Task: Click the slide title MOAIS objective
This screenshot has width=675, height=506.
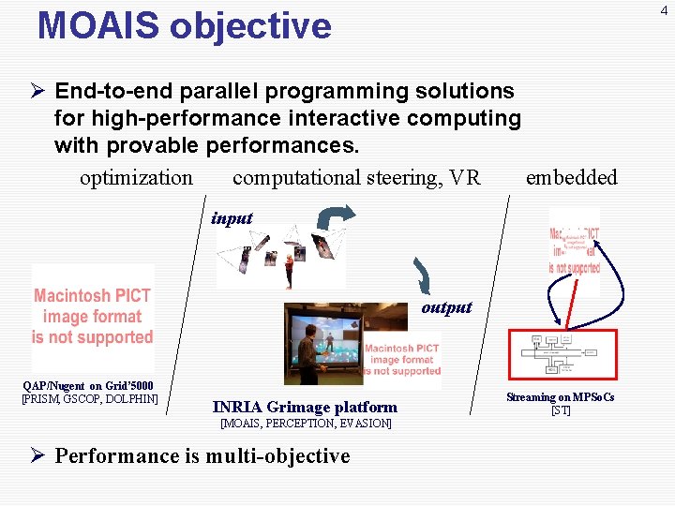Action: (184, 26)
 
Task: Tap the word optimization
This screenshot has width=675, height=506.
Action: (136, 178)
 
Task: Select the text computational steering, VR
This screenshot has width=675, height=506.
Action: (356, 178)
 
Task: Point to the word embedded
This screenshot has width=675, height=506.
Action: (571, 178)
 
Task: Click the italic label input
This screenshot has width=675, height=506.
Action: (232, 218)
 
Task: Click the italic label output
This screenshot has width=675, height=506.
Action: (446, 307)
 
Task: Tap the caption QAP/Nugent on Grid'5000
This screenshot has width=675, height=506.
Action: (88, 386)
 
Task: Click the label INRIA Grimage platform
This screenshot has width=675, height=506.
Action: (305, 407)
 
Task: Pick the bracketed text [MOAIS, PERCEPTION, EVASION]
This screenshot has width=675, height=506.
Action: (306, 424)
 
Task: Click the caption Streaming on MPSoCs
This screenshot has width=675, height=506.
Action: (561, 397)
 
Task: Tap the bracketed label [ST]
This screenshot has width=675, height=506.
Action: (561, 410)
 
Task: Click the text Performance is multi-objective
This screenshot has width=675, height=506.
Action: (202, 456)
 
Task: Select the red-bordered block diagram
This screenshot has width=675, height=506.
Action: (562, 354)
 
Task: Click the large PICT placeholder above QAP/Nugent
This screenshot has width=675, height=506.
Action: (92, 317)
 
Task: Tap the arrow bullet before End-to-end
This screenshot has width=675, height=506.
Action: (37, 92)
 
